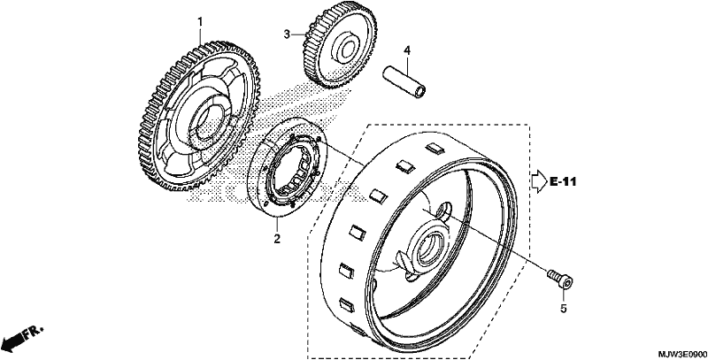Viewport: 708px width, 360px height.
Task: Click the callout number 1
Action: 200,21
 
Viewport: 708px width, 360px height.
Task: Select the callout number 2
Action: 277,238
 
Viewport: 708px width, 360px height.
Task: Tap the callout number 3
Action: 286,34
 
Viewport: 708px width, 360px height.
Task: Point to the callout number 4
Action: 407,50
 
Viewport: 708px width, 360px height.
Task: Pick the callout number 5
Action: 563,309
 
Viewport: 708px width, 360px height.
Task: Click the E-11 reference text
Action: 563,182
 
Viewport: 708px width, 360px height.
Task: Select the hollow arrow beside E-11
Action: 539,182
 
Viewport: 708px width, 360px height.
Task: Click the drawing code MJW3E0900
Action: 681,355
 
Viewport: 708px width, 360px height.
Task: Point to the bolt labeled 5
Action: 560,279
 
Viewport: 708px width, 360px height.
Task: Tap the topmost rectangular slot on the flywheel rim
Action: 435,149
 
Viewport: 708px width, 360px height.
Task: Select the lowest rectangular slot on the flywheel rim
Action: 347,305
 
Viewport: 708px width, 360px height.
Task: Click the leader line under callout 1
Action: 200,36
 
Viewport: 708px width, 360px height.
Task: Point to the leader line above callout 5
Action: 563,295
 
